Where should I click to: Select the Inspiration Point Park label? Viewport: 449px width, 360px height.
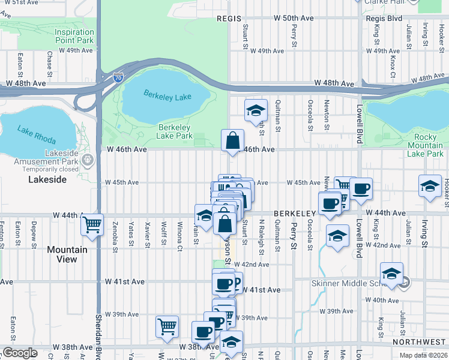click(74, 35)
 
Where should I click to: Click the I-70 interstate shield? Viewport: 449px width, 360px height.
click(118, 77)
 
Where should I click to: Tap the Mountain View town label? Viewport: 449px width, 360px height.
click(67, 254)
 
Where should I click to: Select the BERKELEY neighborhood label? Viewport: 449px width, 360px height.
click(295, 214)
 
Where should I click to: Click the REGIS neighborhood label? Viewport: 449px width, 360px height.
click(229, 19)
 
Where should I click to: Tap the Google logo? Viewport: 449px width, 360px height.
click(20, 353)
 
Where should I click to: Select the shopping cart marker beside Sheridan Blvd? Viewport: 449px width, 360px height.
click(92, 225)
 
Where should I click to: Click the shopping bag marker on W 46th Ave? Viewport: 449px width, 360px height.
click(232, 141)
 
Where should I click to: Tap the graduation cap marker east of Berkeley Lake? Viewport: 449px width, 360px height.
click(256, 110)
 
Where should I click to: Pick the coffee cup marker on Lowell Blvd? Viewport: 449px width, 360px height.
click(361, 189)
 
